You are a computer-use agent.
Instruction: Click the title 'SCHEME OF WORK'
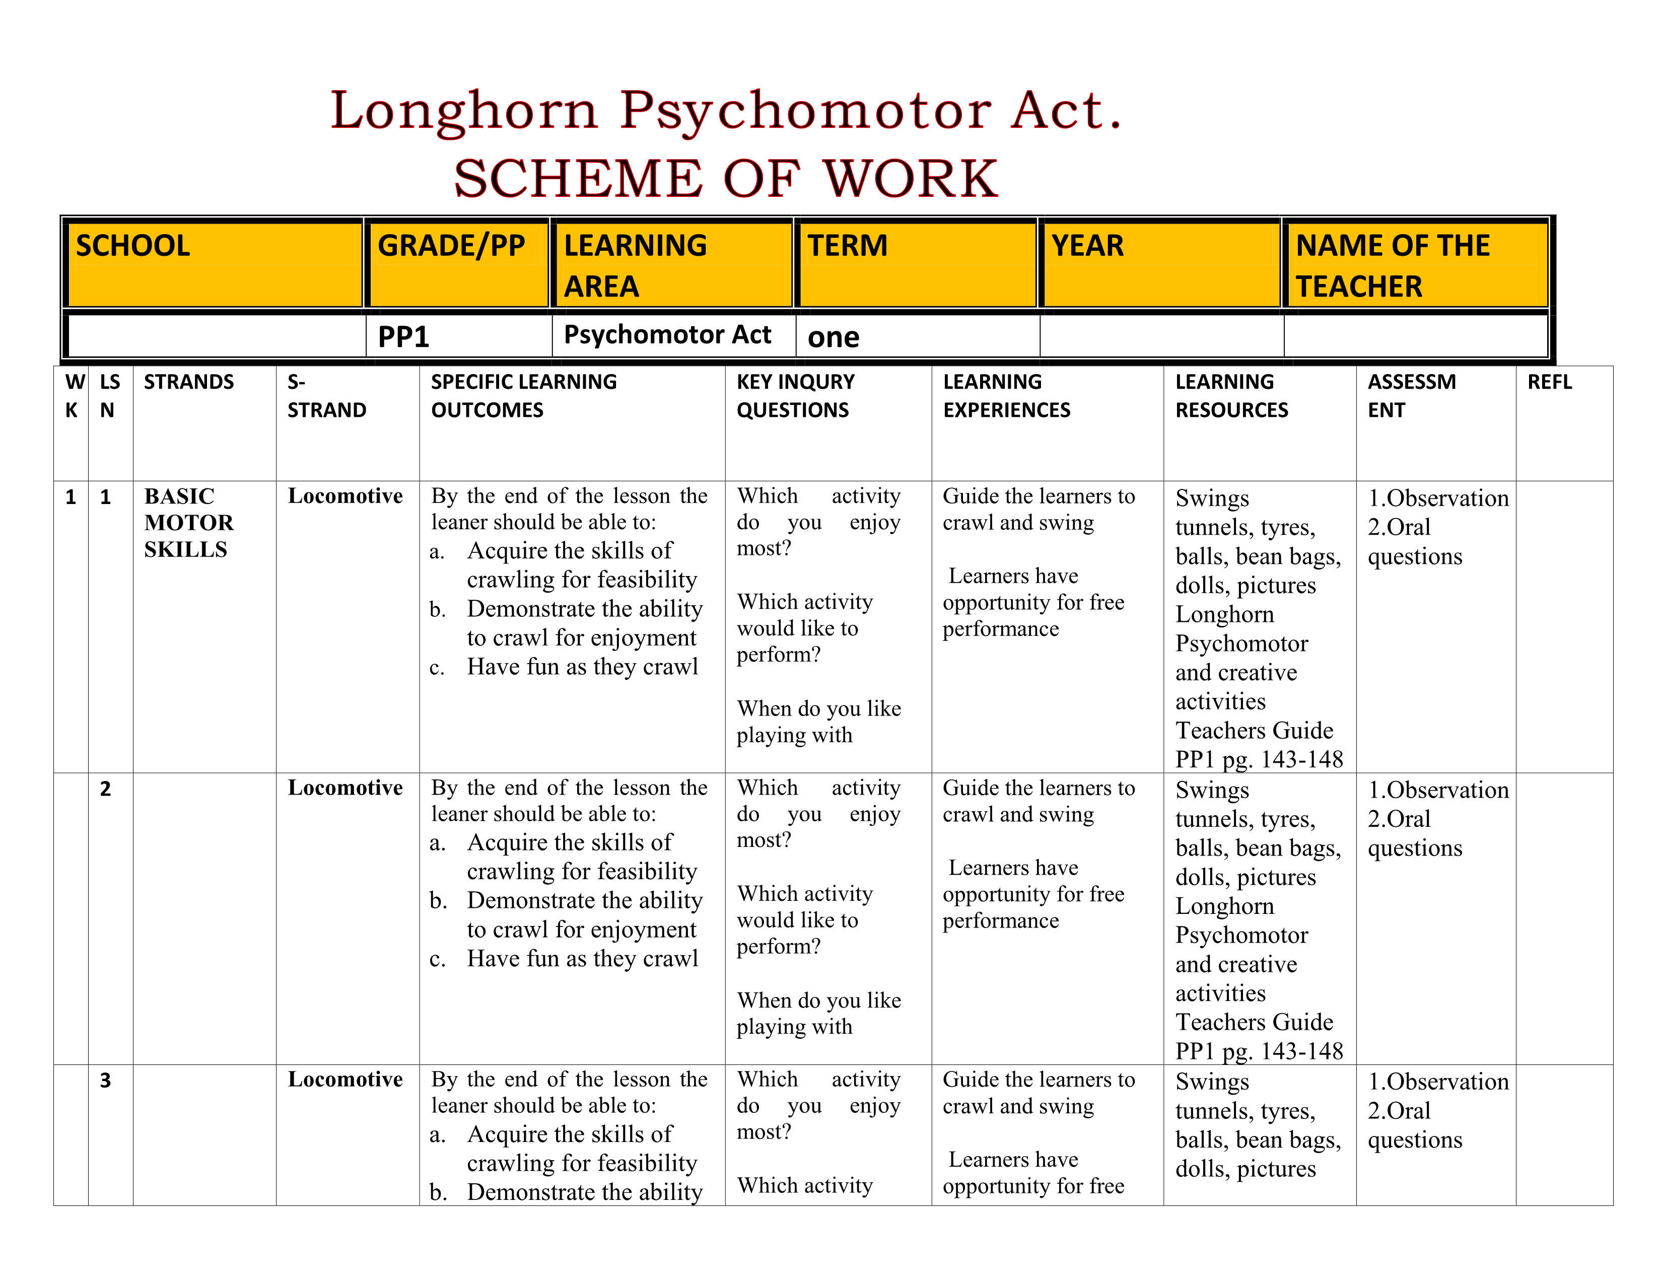(x=725, y=179)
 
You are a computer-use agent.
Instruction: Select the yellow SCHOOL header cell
(x=214, y=264)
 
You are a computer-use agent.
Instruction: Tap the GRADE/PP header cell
(x=457, y=264)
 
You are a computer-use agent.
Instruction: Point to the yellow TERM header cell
(x=916, y=264)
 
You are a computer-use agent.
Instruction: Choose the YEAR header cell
(x=1160, y=264)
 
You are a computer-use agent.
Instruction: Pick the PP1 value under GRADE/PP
(x=404, y=336)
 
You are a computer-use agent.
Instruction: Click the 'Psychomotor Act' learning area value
(x=667, y=335)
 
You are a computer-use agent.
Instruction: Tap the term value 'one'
(x=834, y=337)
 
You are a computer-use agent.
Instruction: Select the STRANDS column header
(x=189, y=382)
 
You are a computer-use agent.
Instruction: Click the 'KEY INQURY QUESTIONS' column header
(x=795, y=396)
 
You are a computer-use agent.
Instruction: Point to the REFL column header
(x=1549, y=382)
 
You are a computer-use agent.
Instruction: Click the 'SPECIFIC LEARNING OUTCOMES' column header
(x=524, y=396)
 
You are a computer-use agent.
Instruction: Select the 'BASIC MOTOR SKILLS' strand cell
(x=189, y=523)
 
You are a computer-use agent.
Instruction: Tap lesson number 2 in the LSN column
(x=106, y=789)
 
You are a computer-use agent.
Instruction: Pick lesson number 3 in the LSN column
(x=106, y=1080)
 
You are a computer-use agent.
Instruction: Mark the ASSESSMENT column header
(x=1412, y=396)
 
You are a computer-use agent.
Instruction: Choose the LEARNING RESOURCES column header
(x=1231, y=396)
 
